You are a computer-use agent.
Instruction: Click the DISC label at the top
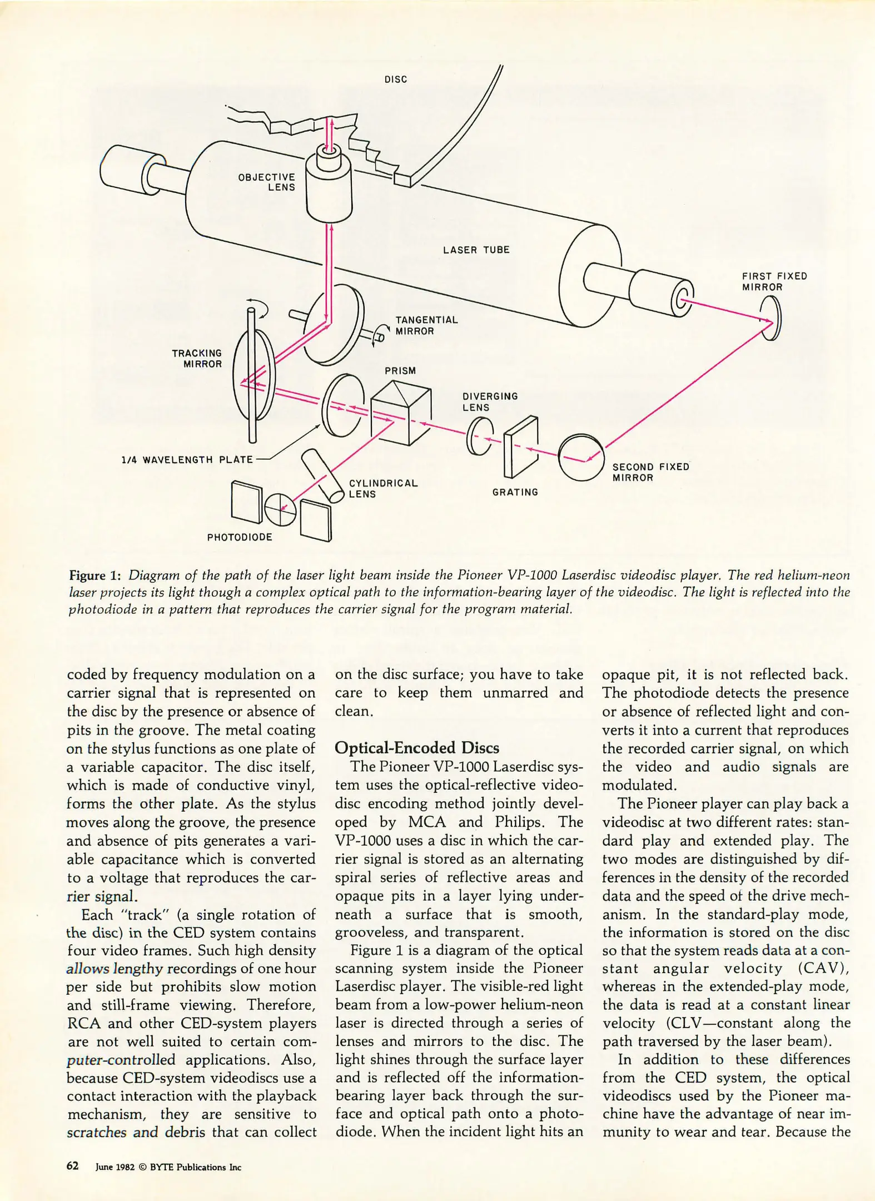tap(396, 80)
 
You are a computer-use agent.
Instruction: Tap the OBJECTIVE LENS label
tap(267, 182)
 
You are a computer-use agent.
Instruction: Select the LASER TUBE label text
tap(476, 250)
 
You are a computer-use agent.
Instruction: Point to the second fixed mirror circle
tap(581, 457)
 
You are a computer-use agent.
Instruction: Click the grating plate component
tap(521, 448)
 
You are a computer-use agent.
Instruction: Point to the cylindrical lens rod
tap(323, 475)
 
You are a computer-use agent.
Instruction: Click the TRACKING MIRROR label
tap(197, 359)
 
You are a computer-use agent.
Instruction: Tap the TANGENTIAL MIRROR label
tap(426, 326)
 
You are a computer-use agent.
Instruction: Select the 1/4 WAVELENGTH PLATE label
tap(187, 460)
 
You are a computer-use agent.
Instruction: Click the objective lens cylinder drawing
tap(330, 186)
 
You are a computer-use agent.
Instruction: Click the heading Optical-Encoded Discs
tap(417, 747)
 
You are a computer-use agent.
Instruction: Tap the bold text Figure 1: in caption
tap(95, 575)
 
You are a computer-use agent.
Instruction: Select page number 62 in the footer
tap(72, 1166)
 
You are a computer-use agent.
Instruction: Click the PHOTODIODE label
tap(240, 537)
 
